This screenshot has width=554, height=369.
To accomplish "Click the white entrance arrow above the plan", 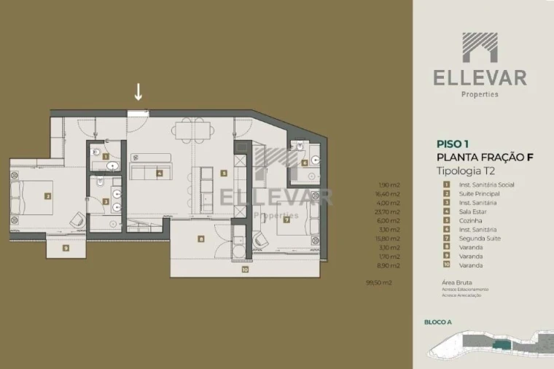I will click(138, 92).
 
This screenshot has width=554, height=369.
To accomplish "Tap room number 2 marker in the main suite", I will click(47, 196).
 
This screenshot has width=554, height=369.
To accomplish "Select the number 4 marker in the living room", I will click(159, 174).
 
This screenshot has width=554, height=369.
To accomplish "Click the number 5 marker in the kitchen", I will click(225, 174).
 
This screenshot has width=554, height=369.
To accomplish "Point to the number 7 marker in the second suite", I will click(286, 219).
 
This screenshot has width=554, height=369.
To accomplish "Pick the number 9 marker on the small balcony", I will click(66, 248).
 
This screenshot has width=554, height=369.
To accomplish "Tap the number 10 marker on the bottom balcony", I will click(245, 270).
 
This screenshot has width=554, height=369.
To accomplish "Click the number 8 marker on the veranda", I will click(200, 238).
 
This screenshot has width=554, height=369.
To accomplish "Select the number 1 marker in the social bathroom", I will click(106, 156).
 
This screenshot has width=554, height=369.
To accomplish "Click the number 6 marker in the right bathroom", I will click(304, 163).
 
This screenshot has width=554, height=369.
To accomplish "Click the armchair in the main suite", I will click(77, 218).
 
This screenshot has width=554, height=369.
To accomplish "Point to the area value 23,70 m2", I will click(390, 212).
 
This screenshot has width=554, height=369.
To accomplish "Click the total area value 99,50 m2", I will click(379, 281).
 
